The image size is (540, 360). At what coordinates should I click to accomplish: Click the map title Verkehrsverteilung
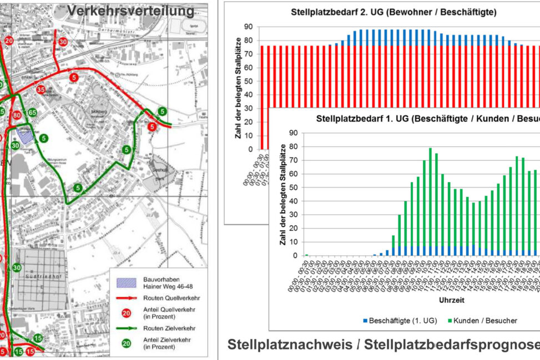130,11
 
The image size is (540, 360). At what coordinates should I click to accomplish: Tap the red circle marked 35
41,89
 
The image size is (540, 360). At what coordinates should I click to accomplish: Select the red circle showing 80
17,115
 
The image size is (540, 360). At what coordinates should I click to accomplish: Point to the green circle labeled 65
33,113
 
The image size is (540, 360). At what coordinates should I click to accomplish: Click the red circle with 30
63,42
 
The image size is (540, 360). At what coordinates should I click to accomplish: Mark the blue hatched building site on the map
24,134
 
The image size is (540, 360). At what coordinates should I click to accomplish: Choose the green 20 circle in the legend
127,344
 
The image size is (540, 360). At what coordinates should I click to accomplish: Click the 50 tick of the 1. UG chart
294,187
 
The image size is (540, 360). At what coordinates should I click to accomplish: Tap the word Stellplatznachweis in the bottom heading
287,344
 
